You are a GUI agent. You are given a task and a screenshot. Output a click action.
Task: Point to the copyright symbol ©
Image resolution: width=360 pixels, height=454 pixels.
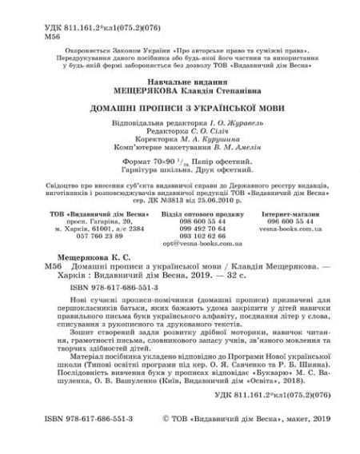coord(166,439)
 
